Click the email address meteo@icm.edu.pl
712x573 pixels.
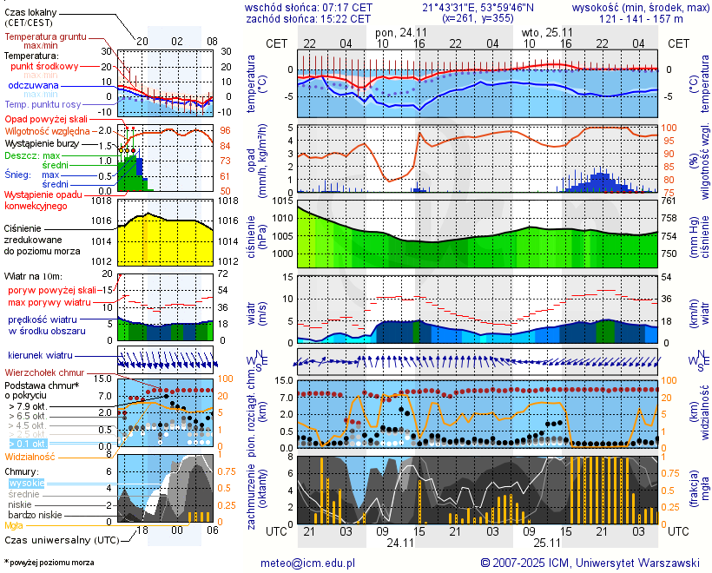tap(308, 563)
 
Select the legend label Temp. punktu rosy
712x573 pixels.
tap(43, 104)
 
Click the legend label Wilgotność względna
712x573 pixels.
tap(54, 130)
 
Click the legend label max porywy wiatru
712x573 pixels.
tap(49, 302)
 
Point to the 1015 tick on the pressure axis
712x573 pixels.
tap(279, 201)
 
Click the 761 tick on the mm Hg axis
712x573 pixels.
tap(669, 201)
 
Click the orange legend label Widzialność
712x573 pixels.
tap(30, 456)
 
